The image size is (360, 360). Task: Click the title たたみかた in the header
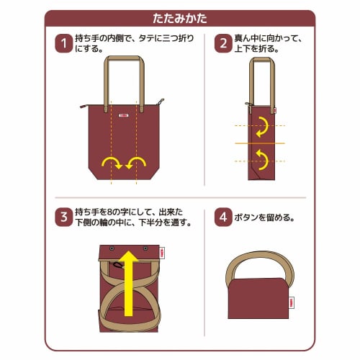[x=180, y=18]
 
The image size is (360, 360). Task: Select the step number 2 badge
[x=222, y=45]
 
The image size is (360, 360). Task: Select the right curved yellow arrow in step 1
[x=135, y=162]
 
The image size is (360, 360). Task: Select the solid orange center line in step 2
[x=259, y=143]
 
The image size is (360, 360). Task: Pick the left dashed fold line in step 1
[x=113, y=144]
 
